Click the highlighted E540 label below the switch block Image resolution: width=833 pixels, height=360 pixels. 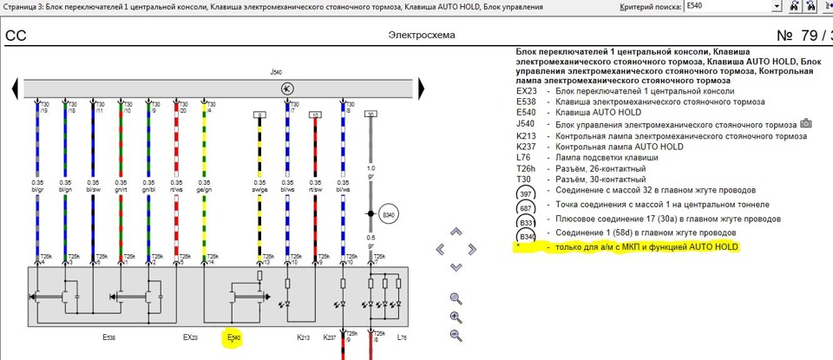click(x=233, y=337)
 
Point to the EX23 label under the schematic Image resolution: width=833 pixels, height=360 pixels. click(x=191, y=337)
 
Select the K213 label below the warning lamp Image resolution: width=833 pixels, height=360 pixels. click(x=304, y=337)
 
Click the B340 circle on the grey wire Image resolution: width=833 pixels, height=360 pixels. click(x=389, y=214)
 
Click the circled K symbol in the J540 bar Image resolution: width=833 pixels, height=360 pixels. click(x=287, y=89)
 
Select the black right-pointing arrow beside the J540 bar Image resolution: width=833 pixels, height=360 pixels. click(x=422, y=88)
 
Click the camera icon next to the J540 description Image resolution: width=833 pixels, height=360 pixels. click(x=805, y=124)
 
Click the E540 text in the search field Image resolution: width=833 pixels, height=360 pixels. click(x=695, y=7)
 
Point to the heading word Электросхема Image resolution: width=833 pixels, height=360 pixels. click(x=422, y=36)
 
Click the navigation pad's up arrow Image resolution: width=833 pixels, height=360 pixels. click(x=456, y=232)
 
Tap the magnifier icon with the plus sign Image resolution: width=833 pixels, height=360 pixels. click(x=456, y=317)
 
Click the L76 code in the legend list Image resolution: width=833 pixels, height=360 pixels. click(x=524, y=158)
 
